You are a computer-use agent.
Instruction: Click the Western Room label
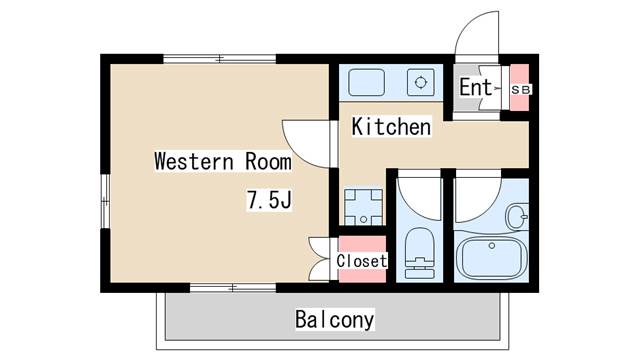pyautogui.click(x=223, y=161)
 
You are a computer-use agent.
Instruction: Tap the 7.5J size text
pyautogui.click(x=269, y=200)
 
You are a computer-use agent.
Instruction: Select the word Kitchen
pyautogui.click(x=391, y=127)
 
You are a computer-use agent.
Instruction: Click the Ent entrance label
pyautogui.click(x=476, y=87)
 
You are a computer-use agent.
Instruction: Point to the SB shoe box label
pyautogui.click(x=520, y=89)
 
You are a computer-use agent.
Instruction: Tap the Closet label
pyautogui.click(x=362, y=260)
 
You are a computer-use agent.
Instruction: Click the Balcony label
pyautogui.click(x=334, y=320)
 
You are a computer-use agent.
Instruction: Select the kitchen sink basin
pyautogui.click(x=366, y=82)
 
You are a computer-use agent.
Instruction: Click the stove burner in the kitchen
pyautogui.click(x=420, y=82)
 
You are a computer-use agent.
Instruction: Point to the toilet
pyautogui.click(x=420, y=253)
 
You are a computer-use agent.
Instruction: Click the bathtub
pyautogui.click(x=491, y=256)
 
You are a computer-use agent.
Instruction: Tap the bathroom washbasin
pyautogui.click(x=518, y=216)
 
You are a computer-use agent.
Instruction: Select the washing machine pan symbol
pyautogui.click(x=363, y=207)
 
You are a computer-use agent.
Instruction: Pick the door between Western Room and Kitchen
pyautogui.click(x=307, y=144)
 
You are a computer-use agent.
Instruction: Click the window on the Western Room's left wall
pyautogui.click(x=105, y=201)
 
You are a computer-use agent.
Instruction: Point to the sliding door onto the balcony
pyautogui.click(x=233, y=288)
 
